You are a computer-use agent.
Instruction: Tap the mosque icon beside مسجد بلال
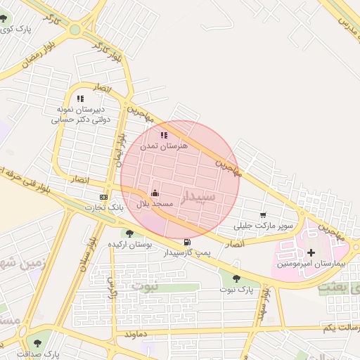point(155,192)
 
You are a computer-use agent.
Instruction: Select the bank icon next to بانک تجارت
point(103,198)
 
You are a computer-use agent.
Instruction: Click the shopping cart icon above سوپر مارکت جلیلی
point(263,215)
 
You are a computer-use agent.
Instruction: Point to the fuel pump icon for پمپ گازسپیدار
point(186,242)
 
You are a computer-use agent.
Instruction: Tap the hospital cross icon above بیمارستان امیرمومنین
point(311,252)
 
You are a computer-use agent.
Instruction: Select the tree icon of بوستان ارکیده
point(128,233)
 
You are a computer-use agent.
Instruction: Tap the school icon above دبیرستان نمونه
point(79,99)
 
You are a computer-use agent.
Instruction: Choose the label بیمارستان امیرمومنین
point(307,263)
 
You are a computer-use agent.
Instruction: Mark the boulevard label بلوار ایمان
point(119,148)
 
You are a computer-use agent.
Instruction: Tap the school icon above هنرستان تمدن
point(164,135)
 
